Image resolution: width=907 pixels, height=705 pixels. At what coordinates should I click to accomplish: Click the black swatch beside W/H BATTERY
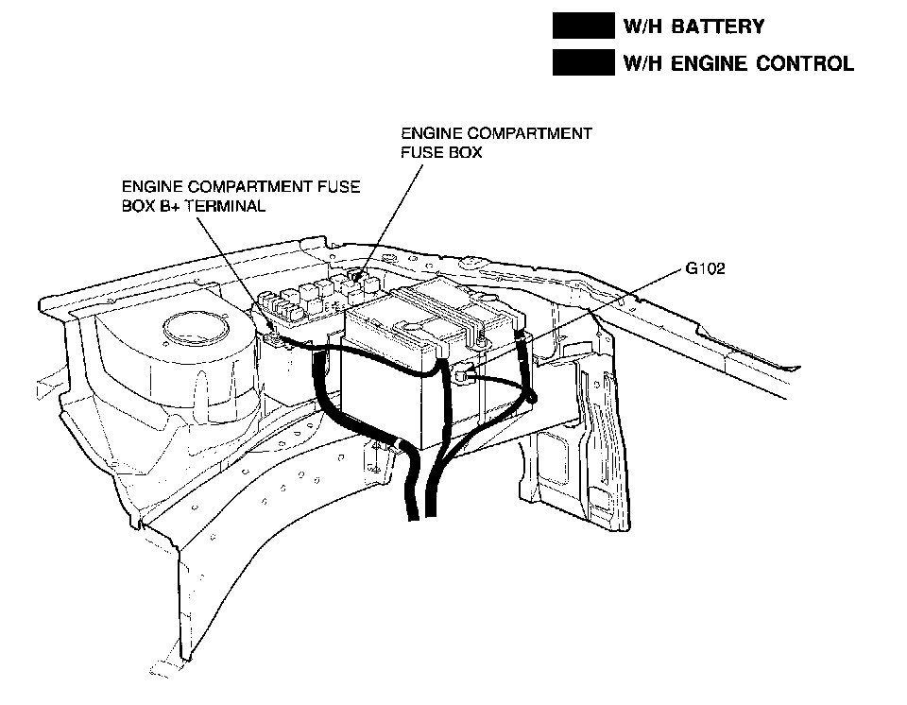pyautogui.click(x=583, y=26)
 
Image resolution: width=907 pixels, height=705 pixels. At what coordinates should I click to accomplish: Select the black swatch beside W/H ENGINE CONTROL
pyautogui.click(x=583, y=63)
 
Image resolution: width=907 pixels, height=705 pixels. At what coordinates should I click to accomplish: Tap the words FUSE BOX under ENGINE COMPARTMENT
pyautogui.click(x=441, y=152)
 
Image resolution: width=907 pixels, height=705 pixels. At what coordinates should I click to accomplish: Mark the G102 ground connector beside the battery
pyautogui.click(x=463, y=376)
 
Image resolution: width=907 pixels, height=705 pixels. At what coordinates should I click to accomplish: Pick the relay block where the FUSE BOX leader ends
pyautogui.click(x=357, y=279)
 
